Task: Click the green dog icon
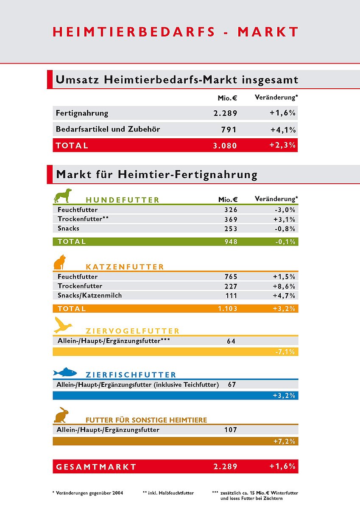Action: tap(63, 196)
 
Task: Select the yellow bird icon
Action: tap(63, 325)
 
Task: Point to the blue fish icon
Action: tap(64, 372)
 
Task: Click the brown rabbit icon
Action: tap(61, 415)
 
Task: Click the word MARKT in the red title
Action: tap(268, 32)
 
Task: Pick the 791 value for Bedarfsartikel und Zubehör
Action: tap(229, 130)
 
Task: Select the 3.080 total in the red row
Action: tap(225, 145)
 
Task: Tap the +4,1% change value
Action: tap(283, 130)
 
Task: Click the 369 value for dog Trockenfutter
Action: tap(231, 219)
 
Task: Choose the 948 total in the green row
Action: tap(231, 242)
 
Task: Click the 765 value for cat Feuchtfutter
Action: tap(231, 277)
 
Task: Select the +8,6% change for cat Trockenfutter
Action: tap(284, 286)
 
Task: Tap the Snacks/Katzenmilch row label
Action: tap(89, 295)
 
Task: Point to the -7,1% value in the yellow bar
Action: tap(285, 352)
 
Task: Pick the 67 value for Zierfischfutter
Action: tap(232, 385)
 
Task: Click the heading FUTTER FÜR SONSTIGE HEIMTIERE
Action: tap(146, 420)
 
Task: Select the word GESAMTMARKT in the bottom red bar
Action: tap(96, 467)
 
